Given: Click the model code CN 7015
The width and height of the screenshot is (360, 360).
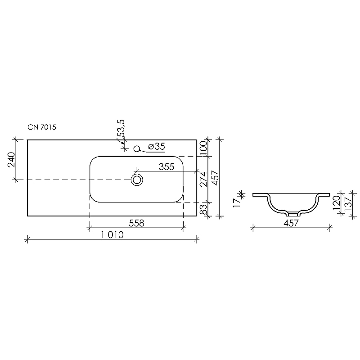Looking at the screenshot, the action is pyautogui.click(x=42, y=127).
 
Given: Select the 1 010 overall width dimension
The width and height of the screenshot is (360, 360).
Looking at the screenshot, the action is pyautogui.click(x=112, y=235).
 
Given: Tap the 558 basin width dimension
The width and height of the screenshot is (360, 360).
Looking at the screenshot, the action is pyautogui.click(x=136, y=223).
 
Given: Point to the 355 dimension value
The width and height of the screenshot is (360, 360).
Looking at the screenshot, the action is pyautogui.click(x=166, y=167).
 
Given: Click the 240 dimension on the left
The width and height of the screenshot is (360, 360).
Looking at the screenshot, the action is pyautogui.click(x=11, y=160).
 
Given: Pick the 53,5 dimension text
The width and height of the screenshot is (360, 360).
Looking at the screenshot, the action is pyautogui.click(x=121, y=129).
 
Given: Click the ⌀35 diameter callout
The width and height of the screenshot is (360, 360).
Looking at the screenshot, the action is pyautogui.click(x=157, y=146).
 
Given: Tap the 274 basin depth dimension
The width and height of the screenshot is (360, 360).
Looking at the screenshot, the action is pyautogui.click(x=203, y=179).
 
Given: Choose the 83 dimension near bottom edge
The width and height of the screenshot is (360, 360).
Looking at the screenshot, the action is pyautogui.click(x=203, y=209).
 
